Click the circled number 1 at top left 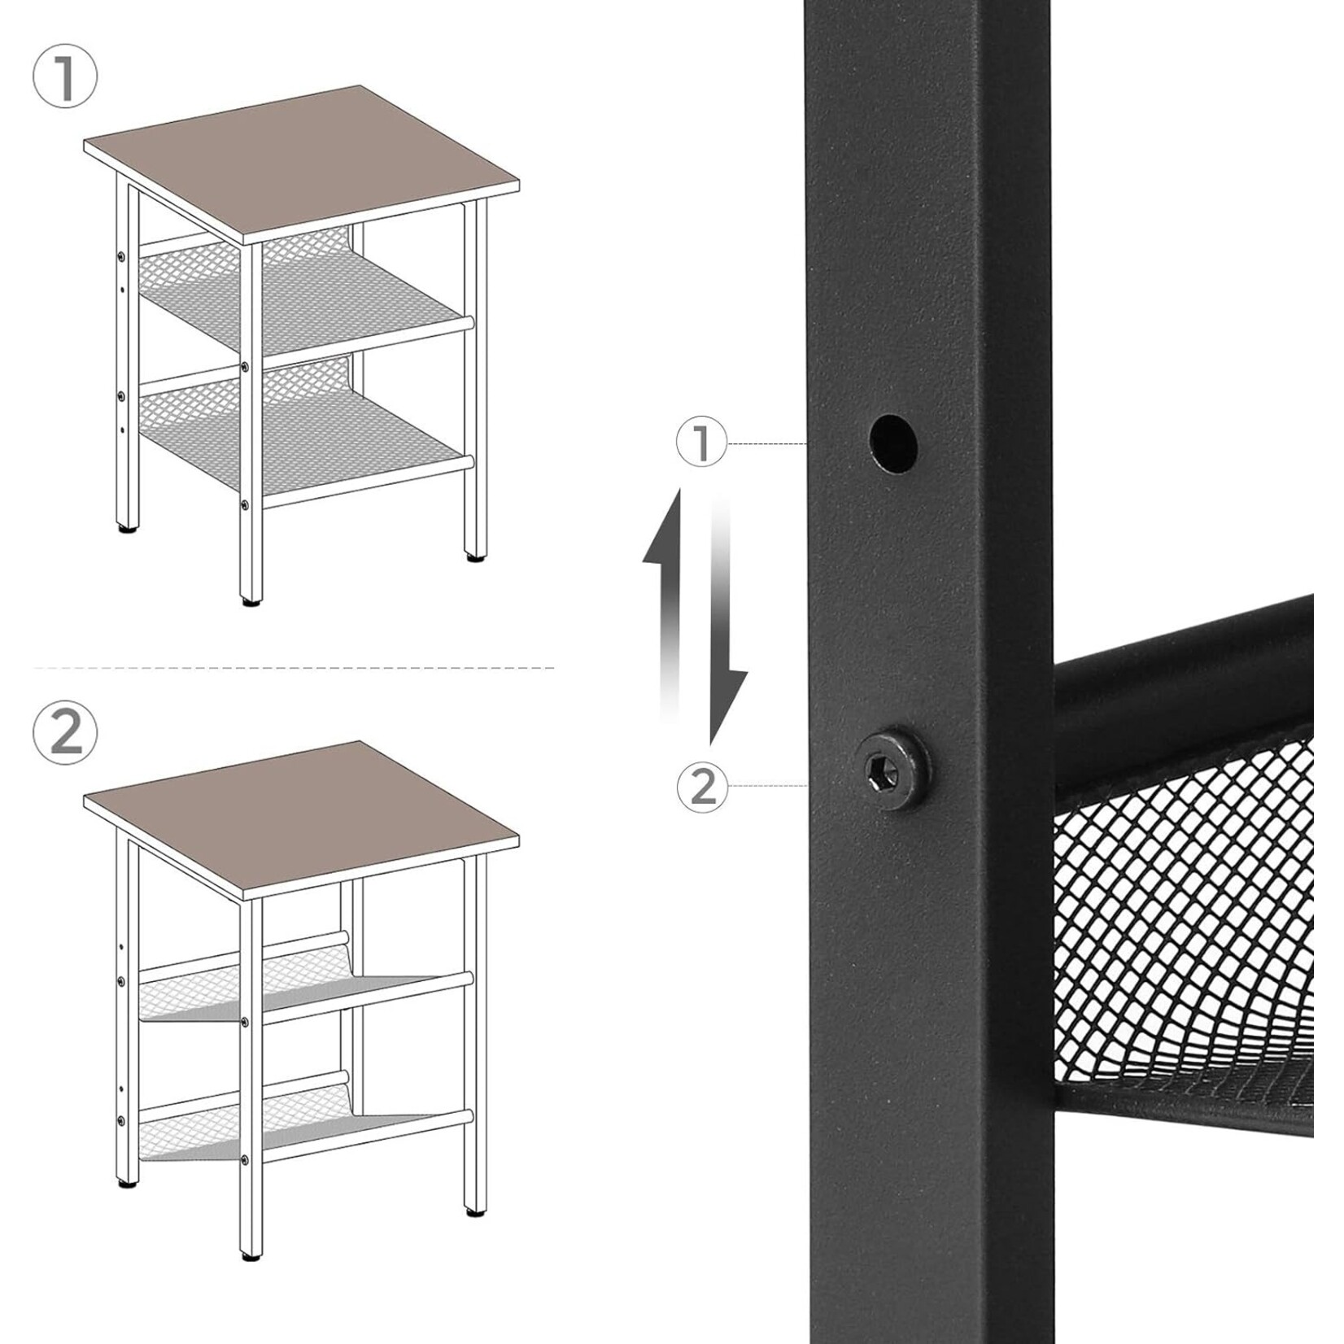click(64, 78)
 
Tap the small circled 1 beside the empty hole click(701, 443)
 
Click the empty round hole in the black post click(892, 444)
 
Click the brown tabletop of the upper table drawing click(301, 163)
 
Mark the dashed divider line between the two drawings click(293, 668)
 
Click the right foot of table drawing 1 click(474, 558)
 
